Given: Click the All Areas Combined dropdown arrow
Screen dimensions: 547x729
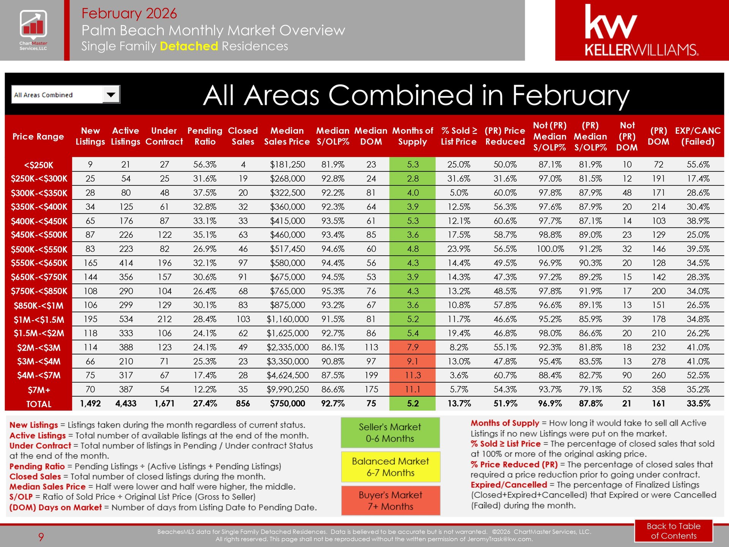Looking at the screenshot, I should (111, 95).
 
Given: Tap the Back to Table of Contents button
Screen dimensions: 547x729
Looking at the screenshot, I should (673, 531).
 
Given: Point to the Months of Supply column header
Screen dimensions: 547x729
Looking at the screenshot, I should (412, 136).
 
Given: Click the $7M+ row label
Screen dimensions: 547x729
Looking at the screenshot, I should (39, 390).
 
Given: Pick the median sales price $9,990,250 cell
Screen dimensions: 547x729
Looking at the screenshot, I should (287, 389).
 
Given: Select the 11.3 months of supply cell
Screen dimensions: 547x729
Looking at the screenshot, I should (412, 375).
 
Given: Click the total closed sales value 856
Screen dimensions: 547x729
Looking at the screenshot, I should (243, 403).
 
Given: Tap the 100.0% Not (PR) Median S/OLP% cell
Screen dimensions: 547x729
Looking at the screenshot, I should (550, 249).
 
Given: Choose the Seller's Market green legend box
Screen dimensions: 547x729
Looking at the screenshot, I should (390, 433).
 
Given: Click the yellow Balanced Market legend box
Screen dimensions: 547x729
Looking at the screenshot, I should (390, 467).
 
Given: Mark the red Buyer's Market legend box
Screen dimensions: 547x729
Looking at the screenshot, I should (390, 501).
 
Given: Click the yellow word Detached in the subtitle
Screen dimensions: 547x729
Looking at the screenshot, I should (189, 46).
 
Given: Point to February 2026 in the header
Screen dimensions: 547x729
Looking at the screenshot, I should (129, 14).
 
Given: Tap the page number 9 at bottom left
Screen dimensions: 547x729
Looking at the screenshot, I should (41, 537).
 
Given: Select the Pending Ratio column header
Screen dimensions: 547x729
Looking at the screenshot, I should (205, 136).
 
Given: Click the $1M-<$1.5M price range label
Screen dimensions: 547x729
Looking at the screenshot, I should (39, 319).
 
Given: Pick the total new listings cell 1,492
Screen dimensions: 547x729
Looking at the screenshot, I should (90, 403).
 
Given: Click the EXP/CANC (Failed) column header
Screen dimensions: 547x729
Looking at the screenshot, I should (697, 136).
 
